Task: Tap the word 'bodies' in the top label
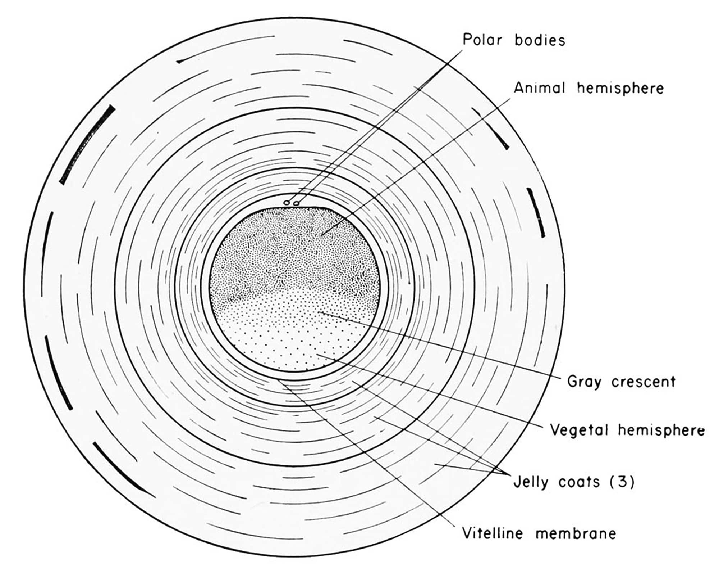click(x=540, y=40)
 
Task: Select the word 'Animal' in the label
click(x=539, y=88)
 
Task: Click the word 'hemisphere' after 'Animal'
click(x=620, y=88)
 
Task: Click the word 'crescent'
click(x=643, y=381)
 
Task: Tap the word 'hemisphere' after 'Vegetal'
click(x=661, y=430)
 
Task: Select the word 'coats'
click(x=579, y=482)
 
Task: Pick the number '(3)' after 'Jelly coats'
click(x=622, y=481)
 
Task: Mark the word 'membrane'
click(x=576, y=533)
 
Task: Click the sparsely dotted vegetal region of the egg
click(x=288, y=342)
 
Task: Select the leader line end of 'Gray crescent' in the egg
click(x=319, y=312)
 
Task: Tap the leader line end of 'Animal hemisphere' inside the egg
click(x=322, y=235)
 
